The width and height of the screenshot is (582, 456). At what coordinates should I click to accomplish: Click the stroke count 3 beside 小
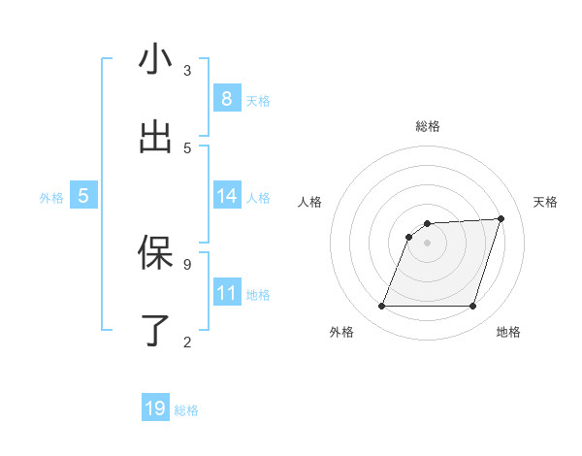187,71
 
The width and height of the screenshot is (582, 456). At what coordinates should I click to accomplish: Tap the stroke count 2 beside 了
187,342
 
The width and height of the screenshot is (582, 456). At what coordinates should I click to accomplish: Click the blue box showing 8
227,99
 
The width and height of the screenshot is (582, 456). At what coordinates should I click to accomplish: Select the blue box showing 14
227,196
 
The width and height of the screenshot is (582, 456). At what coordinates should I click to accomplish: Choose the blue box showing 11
227,293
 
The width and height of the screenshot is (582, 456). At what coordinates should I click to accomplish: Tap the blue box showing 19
155,408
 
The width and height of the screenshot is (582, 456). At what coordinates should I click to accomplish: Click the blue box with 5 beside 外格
83,196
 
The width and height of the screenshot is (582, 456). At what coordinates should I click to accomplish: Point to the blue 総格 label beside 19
186,410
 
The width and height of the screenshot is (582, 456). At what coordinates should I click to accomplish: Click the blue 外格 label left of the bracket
51,198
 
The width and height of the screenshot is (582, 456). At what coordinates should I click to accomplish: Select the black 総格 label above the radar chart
427,126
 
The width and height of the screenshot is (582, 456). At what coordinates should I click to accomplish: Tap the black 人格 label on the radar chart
310,202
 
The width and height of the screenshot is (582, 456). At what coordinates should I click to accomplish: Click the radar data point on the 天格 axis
501,218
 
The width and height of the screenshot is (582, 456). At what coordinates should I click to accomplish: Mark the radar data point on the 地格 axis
472,307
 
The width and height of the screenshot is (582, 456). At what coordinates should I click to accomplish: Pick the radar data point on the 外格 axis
381,307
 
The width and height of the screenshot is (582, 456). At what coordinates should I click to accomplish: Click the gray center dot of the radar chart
427,244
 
